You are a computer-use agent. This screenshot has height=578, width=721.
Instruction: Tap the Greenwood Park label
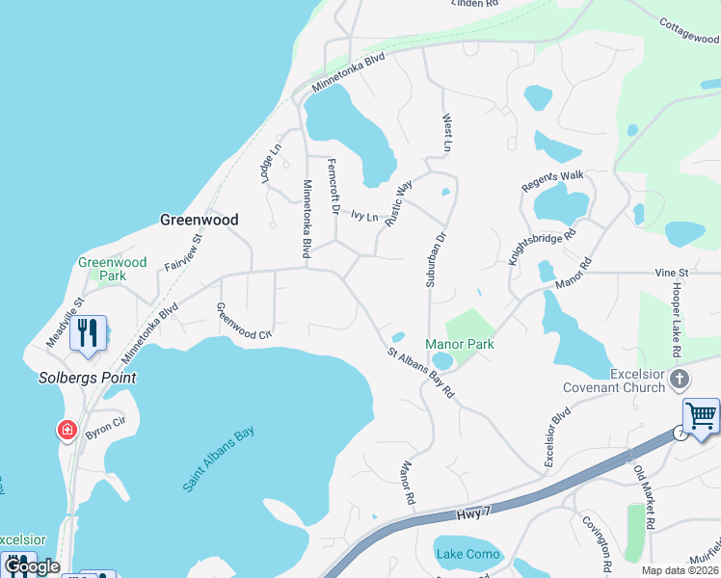click(x=113, y=269)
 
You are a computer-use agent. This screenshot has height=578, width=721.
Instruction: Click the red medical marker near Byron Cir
click(x=67, y=430)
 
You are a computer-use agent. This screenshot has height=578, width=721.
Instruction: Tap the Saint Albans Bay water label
click(x=218, y=460)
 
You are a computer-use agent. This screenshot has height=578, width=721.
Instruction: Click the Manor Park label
click(x=460, y=344)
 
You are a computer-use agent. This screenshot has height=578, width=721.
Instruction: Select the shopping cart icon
click(x=701, y=415)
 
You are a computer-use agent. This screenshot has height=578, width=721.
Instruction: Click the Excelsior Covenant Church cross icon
click(x=680, y=379)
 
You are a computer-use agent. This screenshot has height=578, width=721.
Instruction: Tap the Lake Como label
click(x=467, y=554)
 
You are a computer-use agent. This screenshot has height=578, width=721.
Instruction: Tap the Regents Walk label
click(x=553, y=179)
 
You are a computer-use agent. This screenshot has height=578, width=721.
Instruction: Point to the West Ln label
click(x=446, y=133)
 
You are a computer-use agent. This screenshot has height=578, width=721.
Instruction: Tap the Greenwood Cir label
click(x=243, y=322)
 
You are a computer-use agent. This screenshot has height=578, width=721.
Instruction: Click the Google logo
click(x=31, y=566)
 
